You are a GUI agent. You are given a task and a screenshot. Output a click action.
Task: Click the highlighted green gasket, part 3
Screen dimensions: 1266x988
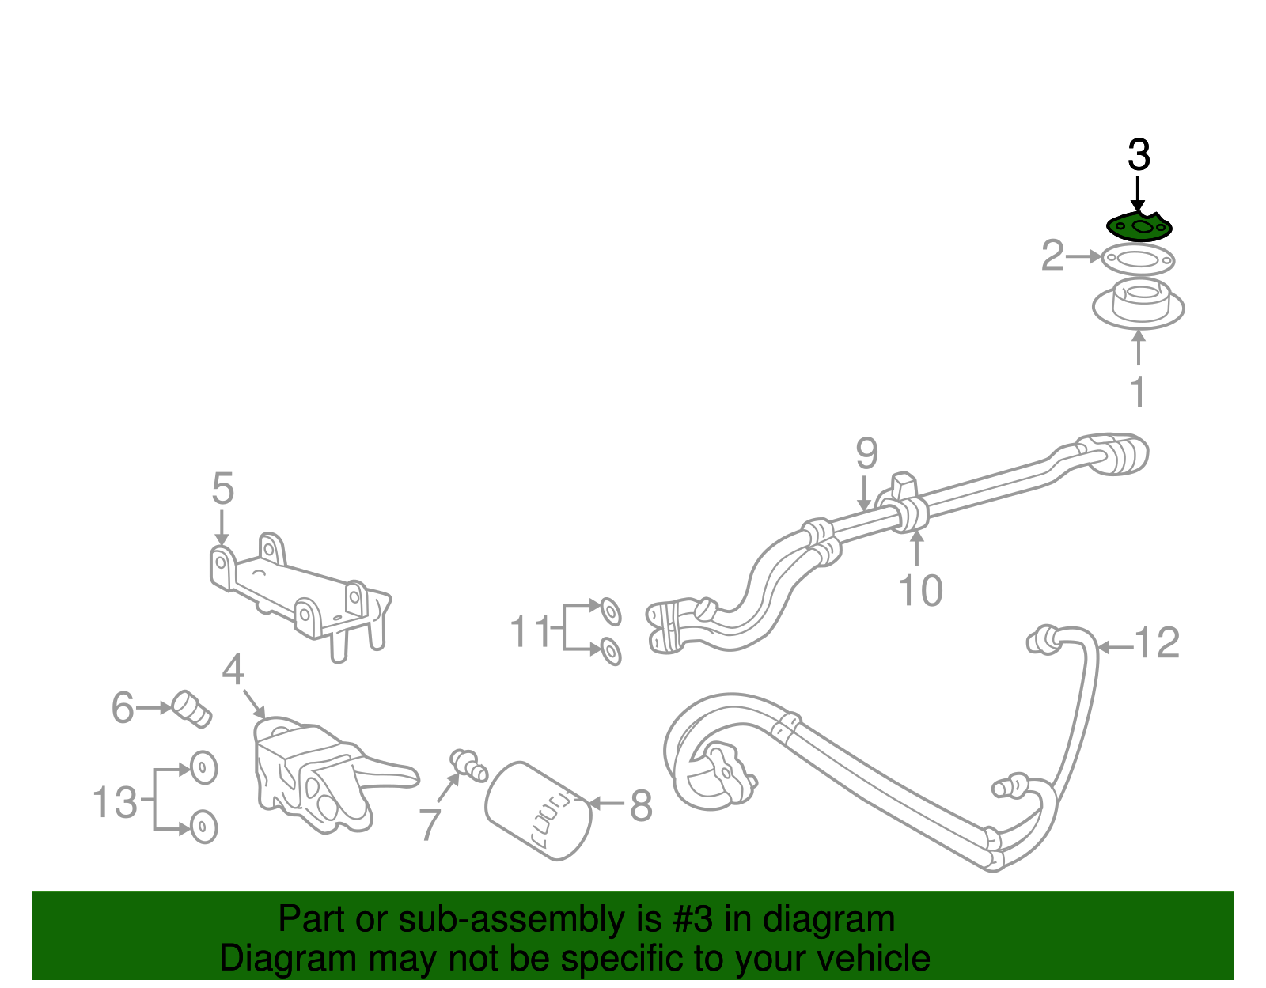click(1139, 228)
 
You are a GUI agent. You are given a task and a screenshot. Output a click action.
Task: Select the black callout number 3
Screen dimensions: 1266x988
click(1139, 155)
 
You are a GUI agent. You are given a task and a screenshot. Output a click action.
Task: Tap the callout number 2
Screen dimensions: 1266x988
click(1052, 256)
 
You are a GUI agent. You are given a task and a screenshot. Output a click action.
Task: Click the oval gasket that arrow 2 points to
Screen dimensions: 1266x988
click(1138, 259)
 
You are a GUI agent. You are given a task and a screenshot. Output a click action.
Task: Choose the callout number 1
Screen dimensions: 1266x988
click(1138, 392)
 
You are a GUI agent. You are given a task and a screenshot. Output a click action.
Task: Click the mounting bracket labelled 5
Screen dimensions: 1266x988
click(301, 593)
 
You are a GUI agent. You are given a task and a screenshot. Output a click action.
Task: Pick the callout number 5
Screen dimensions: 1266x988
click(223, 489)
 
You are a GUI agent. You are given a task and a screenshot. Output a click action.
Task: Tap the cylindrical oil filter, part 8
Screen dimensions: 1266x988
click(538, 810)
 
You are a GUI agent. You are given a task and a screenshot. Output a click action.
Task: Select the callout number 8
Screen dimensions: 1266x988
click(641, 805)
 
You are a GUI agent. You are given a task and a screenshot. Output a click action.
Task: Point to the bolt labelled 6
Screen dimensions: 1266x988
click(191, 709)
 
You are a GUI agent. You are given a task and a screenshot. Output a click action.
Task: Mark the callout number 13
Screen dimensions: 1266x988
click(116, 802)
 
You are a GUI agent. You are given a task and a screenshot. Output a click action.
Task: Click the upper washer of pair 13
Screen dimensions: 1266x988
click(203, 767)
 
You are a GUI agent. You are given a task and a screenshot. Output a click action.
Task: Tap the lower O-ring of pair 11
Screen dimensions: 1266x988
click(610, 651)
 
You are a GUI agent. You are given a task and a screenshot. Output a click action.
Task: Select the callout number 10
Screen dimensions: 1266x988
click(920, 590)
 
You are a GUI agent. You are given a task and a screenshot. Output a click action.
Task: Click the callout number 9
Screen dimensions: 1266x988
click(867, 454)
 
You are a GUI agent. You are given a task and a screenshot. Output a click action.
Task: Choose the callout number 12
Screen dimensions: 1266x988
click(1157, 643)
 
